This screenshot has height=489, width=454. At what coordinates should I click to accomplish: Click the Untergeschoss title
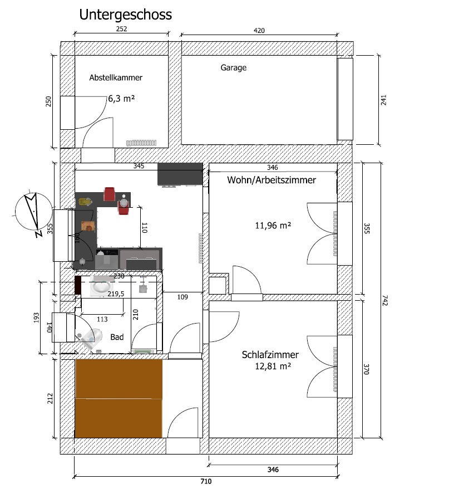125,15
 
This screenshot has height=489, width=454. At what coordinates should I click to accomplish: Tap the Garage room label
233,68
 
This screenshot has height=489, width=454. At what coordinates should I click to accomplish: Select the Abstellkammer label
116,77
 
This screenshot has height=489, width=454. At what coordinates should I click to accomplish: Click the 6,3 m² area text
121,99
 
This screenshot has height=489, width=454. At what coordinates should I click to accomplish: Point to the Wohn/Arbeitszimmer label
272,180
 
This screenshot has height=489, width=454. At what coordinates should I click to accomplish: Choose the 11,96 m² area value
273,225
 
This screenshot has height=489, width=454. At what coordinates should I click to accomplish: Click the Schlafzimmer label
270,355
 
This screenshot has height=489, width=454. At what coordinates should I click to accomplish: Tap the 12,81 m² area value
273,366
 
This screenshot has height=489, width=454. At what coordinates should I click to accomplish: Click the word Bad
117,337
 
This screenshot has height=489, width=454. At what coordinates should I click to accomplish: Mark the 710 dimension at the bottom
206,481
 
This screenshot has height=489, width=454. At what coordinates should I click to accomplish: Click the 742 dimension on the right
384,300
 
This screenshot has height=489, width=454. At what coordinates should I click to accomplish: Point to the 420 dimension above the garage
259,31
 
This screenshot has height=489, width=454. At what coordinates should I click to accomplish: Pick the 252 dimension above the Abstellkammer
121,29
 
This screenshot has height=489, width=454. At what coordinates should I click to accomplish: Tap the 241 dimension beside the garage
383,100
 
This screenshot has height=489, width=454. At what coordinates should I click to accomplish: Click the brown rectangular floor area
119,399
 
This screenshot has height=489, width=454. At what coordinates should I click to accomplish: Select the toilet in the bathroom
90,338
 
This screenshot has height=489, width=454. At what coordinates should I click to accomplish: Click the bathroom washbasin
102,286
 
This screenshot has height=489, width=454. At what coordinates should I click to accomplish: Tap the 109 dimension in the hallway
182,297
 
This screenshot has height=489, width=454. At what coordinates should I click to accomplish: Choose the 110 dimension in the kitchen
144,228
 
